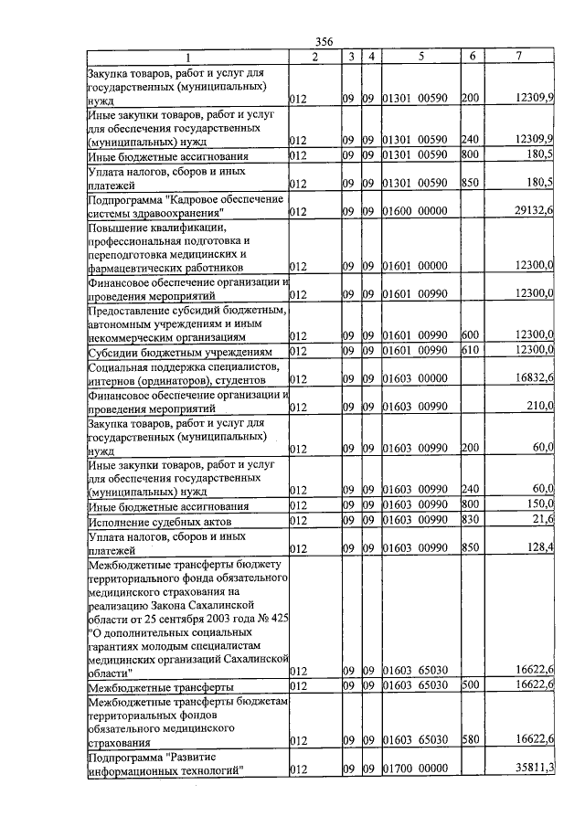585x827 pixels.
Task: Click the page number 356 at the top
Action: click(x=324, y=42)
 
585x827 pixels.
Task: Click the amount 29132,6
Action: click(x=535, y=211)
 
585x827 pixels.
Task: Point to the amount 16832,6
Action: click(x=535, y=378)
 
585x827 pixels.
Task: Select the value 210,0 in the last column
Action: click(x=540, y=407)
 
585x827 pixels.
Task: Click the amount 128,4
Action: click(x=540, y=549)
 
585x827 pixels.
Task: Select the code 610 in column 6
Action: click(x=471, y=352)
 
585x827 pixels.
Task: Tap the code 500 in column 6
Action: click(x=471, y=685)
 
